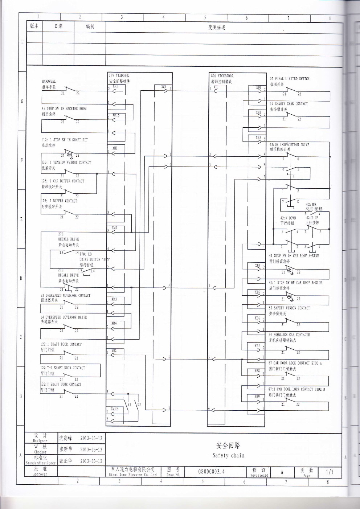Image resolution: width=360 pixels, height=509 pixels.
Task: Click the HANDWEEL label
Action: [49, 82]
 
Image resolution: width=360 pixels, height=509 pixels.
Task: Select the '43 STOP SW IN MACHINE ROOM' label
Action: [64, 108]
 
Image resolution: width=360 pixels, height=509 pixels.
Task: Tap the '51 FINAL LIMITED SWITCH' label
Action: [289, 79]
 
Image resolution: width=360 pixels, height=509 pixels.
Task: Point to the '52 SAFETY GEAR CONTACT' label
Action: [289, 104]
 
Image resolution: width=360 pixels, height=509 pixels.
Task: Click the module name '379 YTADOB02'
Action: [119, 76]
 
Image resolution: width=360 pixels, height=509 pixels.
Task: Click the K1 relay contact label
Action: [129, 404]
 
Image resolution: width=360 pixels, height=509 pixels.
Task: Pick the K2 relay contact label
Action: [139, 404]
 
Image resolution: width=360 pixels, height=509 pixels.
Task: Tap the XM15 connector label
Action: [116, 115]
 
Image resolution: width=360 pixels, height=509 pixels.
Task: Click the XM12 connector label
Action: [115, 409]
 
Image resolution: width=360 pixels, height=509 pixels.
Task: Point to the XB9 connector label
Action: [257, 397]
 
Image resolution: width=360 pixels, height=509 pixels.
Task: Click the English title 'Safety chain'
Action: [228, 455]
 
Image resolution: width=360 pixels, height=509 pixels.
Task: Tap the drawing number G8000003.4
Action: [211, 472]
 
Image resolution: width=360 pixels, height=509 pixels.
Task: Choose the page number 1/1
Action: [329, 472]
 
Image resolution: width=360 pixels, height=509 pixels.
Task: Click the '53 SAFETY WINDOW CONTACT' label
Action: [289, 308]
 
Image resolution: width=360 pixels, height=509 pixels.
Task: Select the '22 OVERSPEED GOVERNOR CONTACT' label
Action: [65, 295]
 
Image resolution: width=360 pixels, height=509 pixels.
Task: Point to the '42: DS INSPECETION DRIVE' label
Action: [289, 145]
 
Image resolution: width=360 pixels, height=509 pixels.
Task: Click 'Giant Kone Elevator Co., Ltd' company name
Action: [132, 475]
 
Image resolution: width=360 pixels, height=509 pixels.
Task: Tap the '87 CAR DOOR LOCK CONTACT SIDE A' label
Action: [295, 363]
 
